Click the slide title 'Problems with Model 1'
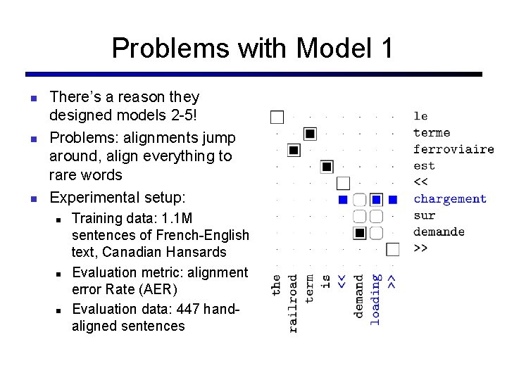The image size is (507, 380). (252, 49)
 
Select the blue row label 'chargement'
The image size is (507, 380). (449, 199)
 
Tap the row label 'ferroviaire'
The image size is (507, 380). (453, 149)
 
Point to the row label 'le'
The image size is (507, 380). (420, 116)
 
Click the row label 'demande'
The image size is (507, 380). (439, 232)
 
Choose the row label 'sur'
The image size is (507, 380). (424, 215)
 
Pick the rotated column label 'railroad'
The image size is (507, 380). (293, 303)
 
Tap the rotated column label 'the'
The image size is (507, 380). (276, 284)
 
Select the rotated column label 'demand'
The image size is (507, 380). (359, 296)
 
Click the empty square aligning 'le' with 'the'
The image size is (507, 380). (277, 117)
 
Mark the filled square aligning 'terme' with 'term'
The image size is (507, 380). (310, 133)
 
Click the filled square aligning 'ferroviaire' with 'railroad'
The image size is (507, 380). (294, 150)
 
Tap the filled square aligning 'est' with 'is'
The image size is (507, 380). (327, 167)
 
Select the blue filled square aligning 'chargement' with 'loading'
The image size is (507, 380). (376, 199)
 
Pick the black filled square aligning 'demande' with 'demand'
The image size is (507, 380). (359, 232)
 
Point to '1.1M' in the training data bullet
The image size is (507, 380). (175, 218)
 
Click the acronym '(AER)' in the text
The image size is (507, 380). (160, 290)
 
